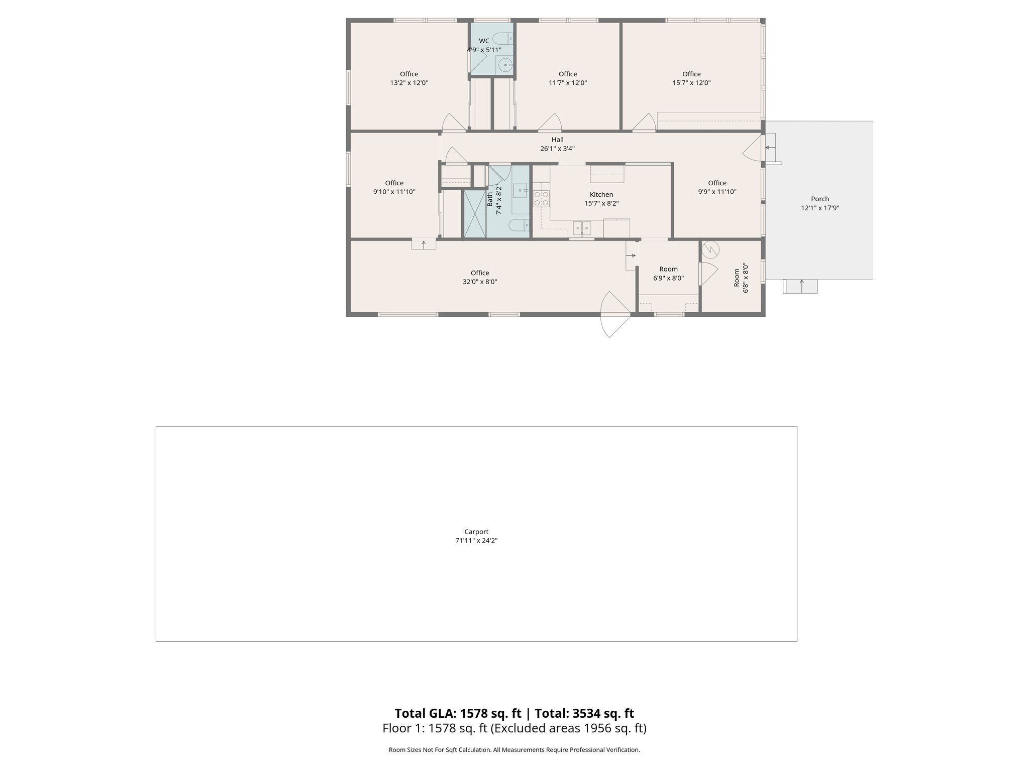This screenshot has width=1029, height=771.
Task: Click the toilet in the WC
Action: [502, 38]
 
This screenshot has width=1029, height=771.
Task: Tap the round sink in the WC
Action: [504, 65]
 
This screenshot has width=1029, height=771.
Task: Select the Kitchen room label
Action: [601, 195]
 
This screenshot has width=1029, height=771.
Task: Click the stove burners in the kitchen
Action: [541, 198]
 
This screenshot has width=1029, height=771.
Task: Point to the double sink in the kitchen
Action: [582, 228]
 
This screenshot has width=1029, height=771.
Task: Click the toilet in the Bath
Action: [518, 225]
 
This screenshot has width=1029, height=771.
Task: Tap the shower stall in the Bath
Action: [474, 214]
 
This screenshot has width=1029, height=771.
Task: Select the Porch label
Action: [819, 199]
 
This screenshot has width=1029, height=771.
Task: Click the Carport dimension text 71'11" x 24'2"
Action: [476, 541]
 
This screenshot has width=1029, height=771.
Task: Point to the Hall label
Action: [557, 140]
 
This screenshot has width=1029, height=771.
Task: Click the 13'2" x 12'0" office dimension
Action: [409, 83]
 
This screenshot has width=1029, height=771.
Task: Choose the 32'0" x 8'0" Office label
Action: [480, 273]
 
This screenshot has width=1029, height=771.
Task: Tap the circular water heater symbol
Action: [711, 249]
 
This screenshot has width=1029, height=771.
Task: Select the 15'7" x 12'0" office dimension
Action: [691, 83]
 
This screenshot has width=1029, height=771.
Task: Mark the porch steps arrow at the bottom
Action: [801, 286]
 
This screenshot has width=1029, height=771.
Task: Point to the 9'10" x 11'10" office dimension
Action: [394, 192]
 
